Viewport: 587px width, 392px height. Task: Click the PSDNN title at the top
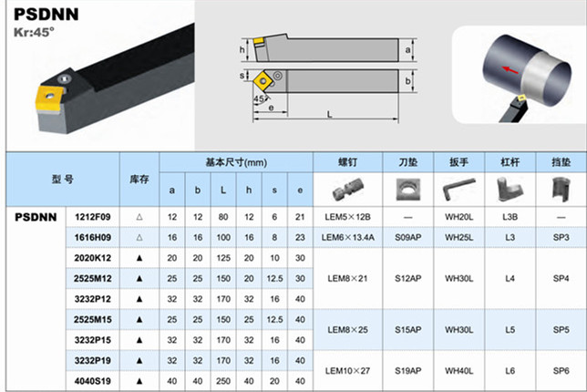click(46, 15)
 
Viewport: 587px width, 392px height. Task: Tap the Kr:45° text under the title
click(34, 32)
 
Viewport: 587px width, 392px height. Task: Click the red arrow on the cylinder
click(510, 70)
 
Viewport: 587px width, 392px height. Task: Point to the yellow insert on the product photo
click(49, 99)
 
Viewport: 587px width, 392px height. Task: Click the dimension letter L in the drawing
click(329, 114)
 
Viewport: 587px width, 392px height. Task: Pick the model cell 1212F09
click(92, 217)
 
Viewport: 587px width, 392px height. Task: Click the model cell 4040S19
click(92, 381)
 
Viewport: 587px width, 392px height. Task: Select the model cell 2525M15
click(92, 319)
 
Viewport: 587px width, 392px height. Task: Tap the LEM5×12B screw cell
click(348, 217)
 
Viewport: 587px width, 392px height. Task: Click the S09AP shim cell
click(408, 237)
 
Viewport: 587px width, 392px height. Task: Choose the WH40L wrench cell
click(459, 371)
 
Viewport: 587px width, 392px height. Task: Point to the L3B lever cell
click(510, 217)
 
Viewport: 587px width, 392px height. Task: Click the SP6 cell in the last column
click(561, 371)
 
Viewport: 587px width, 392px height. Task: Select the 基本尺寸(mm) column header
click(236, 162)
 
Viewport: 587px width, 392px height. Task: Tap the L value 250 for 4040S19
click(223, 381)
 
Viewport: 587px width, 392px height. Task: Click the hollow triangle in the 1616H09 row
click(139, 237)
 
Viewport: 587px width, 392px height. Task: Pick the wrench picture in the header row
click(459, 189)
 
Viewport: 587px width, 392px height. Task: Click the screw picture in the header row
click(348, 189)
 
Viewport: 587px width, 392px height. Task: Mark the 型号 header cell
click(63, 180)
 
